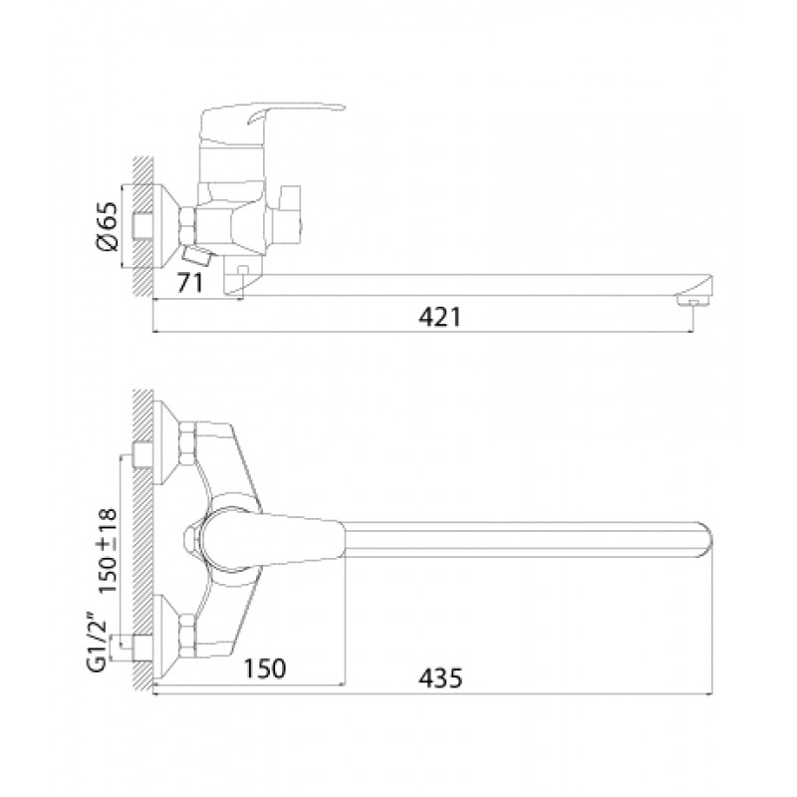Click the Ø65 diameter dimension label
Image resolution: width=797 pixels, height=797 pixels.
click(x=107, y=226)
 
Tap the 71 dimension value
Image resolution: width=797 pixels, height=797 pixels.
click(x=189, y=283)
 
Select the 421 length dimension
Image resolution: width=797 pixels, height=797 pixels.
click(x=439, y=317)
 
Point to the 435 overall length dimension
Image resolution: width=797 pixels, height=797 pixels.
click(x=440, y=678)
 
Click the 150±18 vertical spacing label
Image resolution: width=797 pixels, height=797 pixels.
click(x=108, y=551)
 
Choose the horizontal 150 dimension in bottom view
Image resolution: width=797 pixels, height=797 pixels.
click(x=265, y=668)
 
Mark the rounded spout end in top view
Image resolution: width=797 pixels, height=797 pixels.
click(x=705, y=541)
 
